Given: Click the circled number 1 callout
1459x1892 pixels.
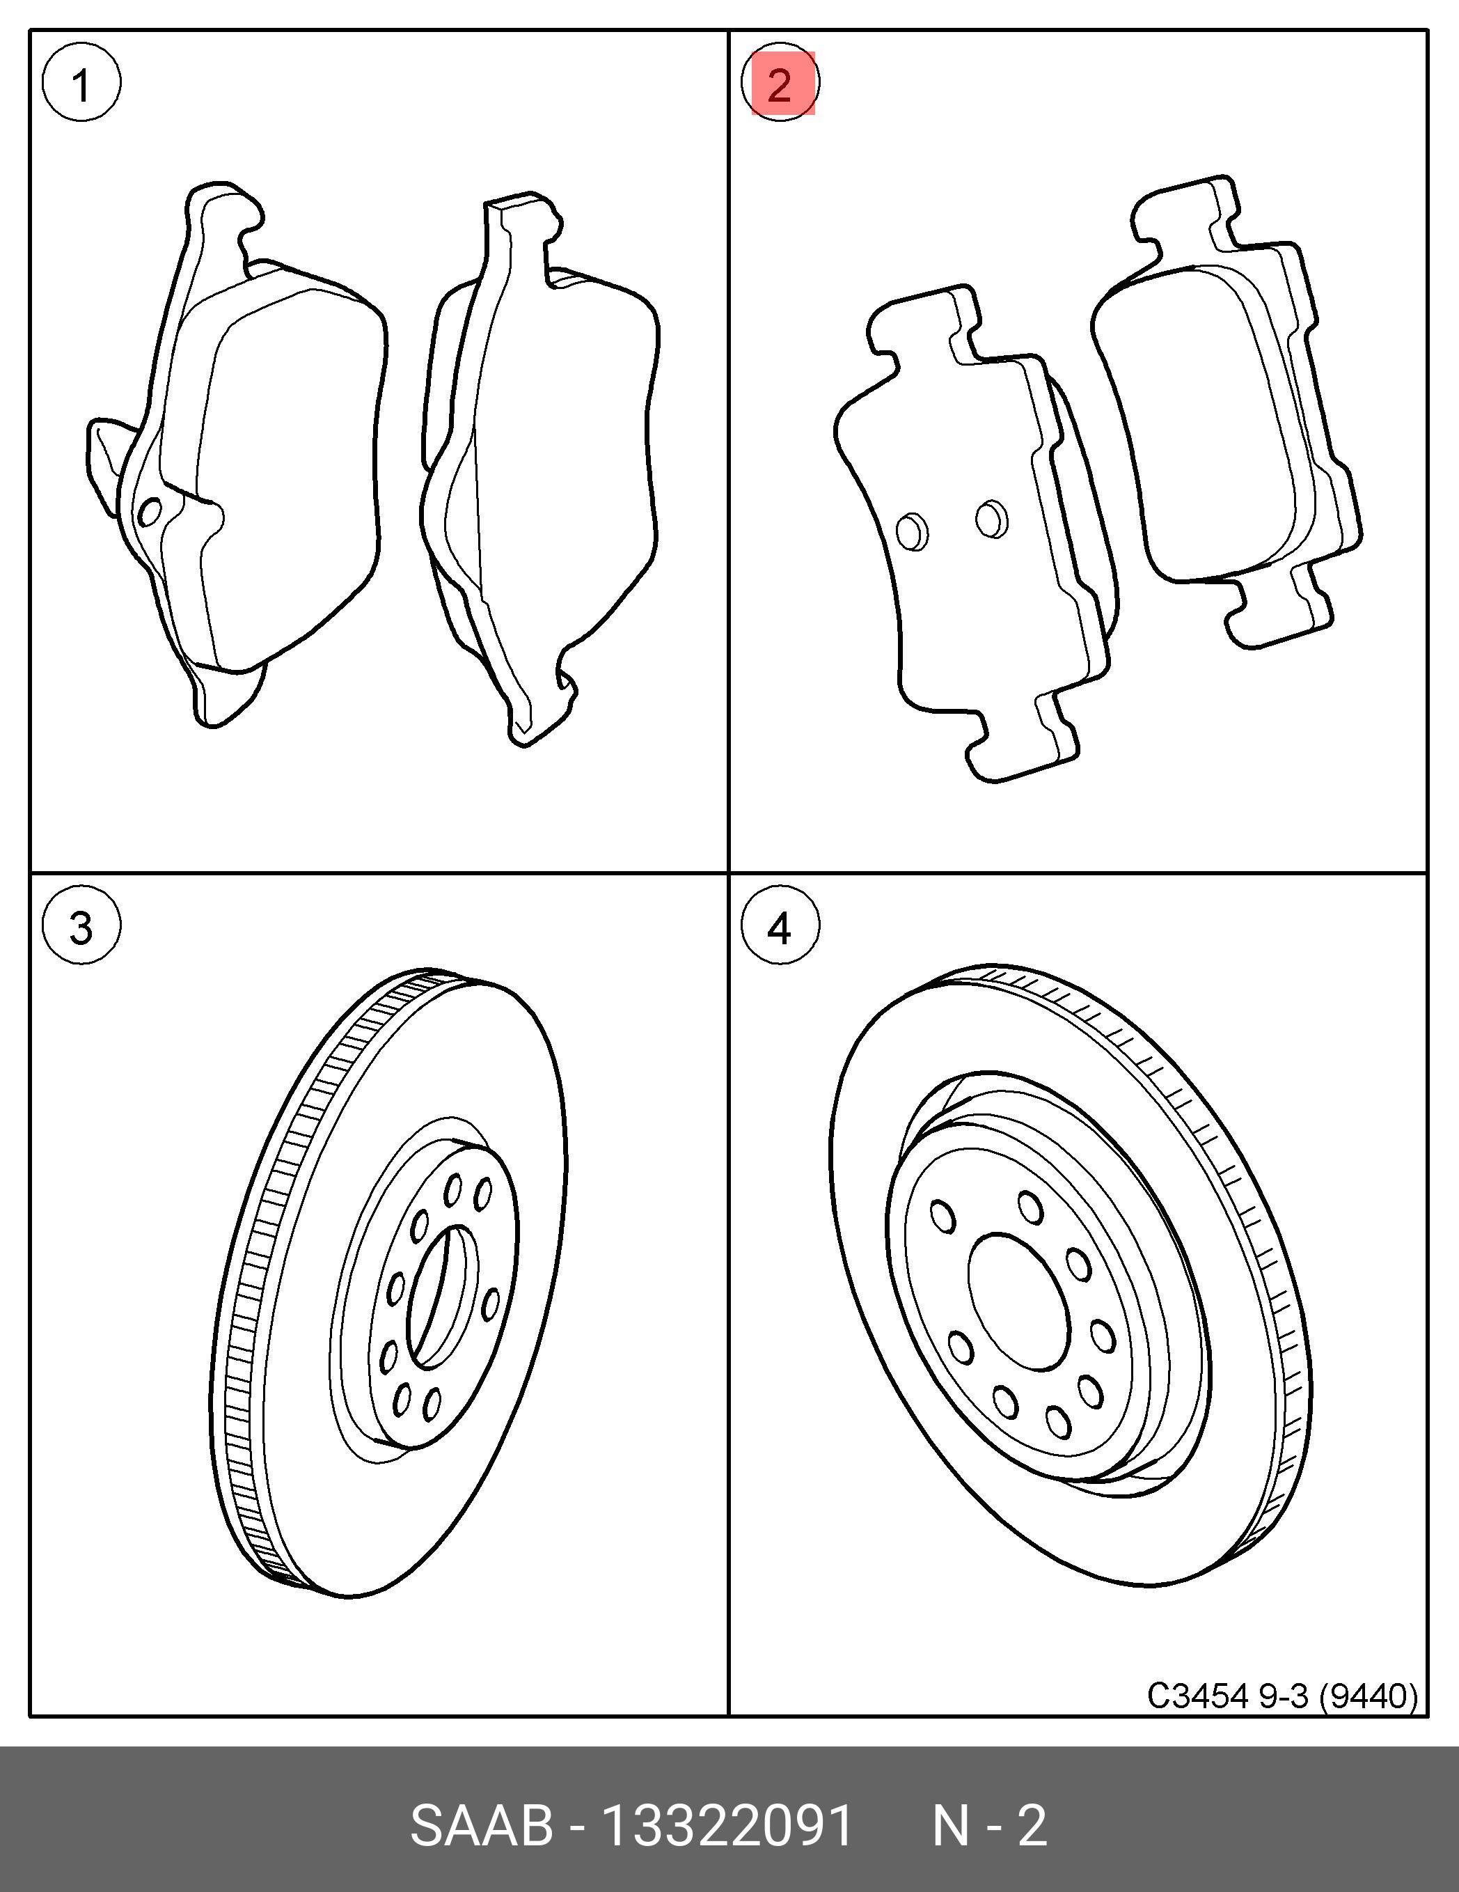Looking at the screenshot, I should pos(81,84).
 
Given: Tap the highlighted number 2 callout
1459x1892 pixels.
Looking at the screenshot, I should pos(781,84).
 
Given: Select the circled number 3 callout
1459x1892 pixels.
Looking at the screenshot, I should pos(81,928).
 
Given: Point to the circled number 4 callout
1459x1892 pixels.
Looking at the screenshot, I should pos(780,928).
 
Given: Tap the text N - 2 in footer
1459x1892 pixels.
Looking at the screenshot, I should pos(989,1825).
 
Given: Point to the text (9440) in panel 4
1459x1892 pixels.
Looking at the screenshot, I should pos(1368,1696).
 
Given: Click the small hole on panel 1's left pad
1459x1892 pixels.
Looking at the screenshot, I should pos(150,512).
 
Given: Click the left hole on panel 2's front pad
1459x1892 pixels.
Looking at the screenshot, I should pos(912,531).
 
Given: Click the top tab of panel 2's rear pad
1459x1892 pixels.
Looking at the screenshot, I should pos(1186,217).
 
